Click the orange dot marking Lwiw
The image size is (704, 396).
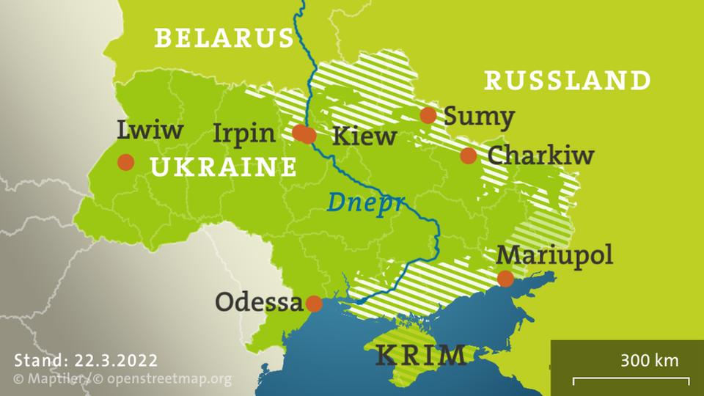click(126, 162)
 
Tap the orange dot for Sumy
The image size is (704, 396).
click(428, 115)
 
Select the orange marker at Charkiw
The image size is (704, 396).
click(469, 155)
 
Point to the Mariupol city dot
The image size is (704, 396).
click(505, 279)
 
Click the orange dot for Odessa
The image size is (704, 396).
click(314, 304)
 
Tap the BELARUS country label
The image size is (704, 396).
click(224, 38)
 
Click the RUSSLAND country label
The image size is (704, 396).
click(568, 80)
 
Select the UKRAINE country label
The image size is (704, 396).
click(224, 168)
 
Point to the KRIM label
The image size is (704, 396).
click(421, 356)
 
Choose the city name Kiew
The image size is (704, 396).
click(364, 136)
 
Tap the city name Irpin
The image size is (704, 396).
click(244, 133)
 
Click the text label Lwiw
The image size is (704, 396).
click(150, 131)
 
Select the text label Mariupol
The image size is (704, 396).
click(554, 256)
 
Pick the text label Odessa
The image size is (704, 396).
click(259, 302)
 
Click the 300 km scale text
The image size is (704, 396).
click(649, 361)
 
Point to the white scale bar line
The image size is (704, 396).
click(631, 380)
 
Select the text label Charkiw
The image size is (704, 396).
click(540, 155)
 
